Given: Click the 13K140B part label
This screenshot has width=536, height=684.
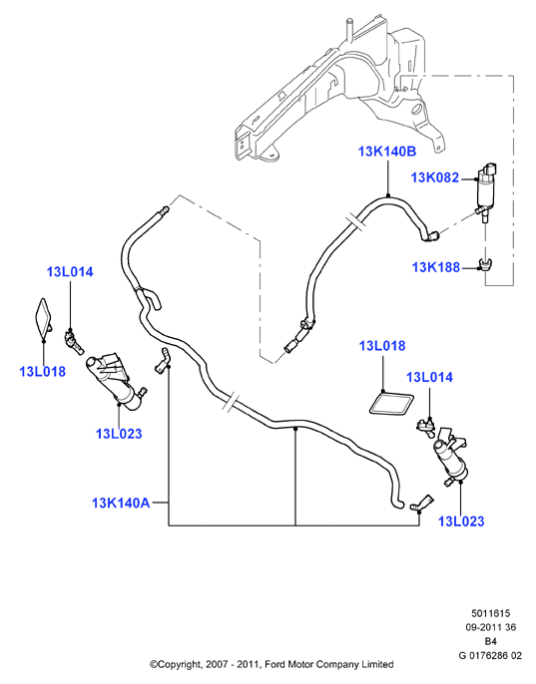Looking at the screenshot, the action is click(387, 152).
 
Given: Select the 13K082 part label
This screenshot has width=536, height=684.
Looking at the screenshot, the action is click(435, 177).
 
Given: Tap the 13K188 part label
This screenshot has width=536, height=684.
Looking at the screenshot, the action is click(436, 267).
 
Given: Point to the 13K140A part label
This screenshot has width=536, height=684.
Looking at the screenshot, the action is click(121, 503).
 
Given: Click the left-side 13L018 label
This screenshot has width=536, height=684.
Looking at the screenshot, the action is click(42, 372).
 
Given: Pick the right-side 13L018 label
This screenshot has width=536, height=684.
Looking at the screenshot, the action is click(382, 346).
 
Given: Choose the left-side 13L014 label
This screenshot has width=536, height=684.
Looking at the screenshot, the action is click(70, 272).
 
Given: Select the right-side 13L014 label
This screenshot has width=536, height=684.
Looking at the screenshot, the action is click(430, 377).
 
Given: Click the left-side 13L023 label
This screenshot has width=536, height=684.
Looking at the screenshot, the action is click(119, 434).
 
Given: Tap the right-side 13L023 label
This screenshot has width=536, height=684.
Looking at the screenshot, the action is click(461, 521).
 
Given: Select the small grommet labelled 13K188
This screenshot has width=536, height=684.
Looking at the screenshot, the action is click(485, 264).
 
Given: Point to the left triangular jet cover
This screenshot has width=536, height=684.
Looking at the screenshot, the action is click(45, 316).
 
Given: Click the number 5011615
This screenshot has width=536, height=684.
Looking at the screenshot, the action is click(490, 614).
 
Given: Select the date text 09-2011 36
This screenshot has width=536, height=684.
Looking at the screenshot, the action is click(490, 628).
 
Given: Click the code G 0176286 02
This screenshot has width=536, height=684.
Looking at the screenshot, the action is click(490, 656).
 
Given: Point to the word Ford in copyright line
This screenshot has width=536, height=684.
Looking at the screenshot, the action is click(274, 664).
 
